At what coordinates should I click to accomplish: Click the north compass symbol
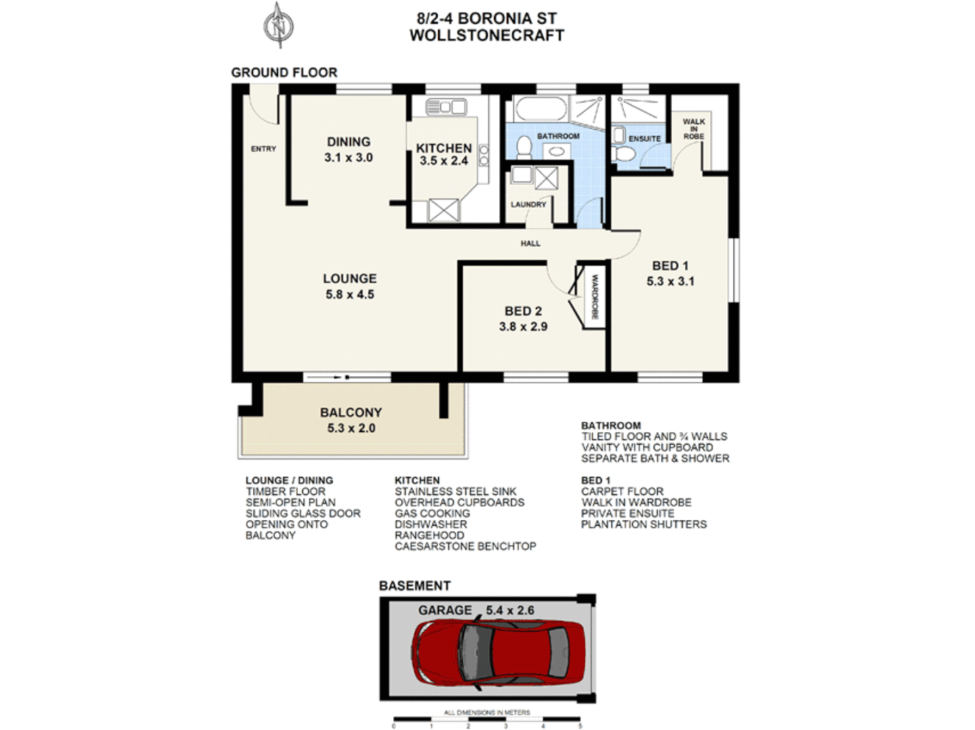279,26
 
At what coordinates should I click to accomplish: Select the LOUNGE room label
350,278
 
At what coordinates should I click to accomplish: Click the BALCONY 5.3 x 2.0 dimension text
351,428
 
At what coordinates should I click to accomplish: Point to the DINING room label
348,142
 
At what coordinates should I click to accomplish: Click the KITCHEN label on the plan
444,148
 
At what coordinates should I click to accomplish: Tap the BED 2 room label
523,311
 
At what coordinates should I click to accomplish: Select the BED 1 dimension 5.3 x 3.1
670,281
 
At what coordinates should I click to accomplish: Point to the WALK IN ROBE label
693,129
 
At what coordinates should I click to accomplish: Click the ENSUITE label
644,139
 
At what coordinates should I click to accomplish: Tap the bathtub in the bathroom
540,108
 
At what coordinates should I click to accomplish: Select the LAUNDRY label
528,204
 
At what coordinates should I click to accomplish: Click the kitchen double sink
446,107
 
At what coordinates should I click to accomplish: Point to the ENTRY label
263,149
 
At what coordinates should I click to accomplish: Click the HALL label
530,243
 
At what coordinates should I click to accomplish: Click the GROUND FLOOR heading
284,72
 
